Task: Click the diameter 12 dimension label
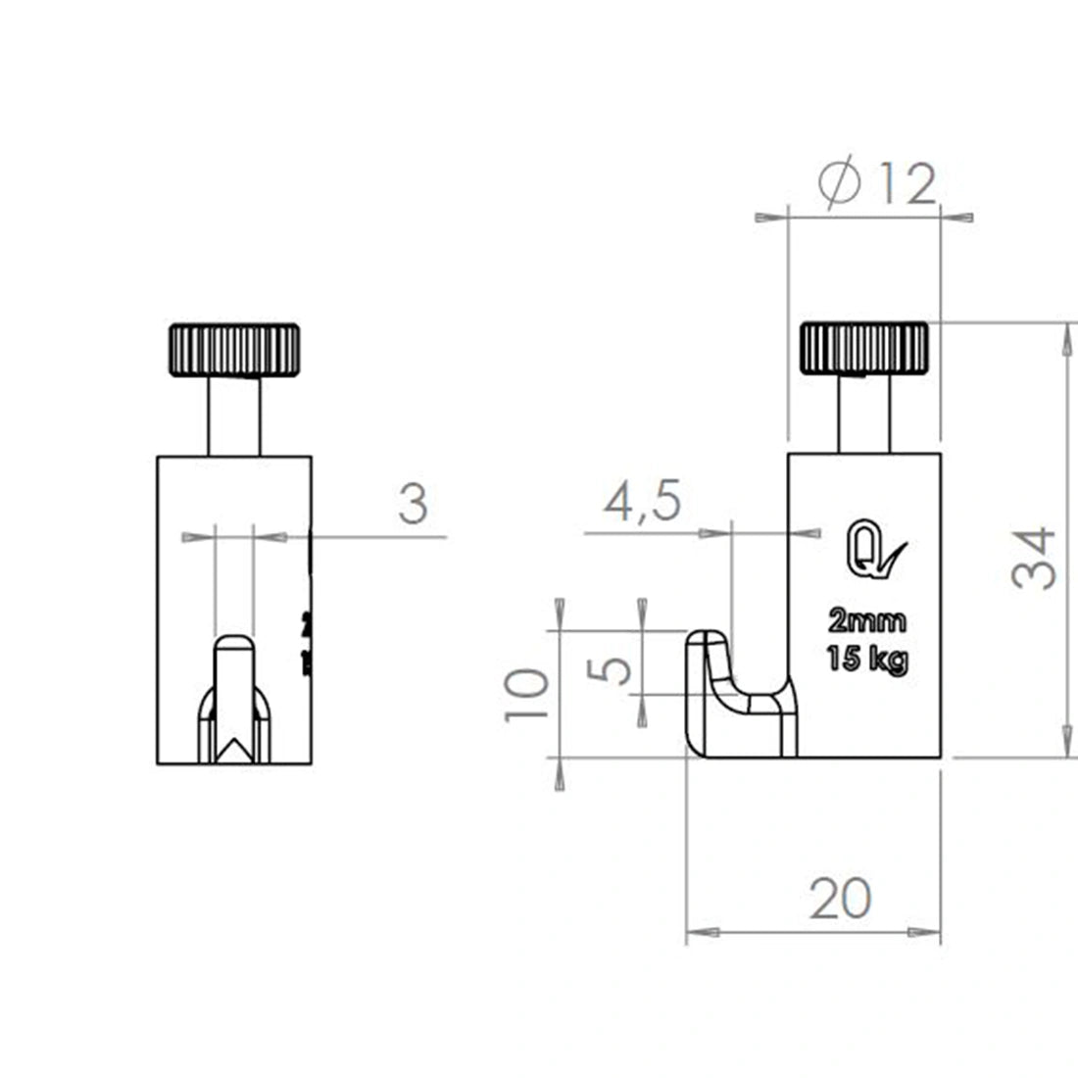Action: coord(878,183)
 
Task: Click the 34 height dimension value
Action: coord(1035,558)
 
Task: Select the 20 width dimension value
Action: coord(840,898)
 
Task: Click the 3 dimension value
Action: coord(414,505)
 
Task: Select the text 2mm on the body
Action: coord(867,621)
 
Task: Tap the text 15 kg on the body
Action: coord(867,659)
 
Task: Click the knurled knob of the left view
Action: coord(234,349)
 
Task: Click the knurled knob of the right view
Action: coord(864,348)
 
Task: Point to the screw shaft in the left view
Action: coord(234,416)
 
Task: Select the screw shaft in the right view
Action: coord(864,415)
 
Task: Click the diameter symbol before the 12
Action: coord(840,183)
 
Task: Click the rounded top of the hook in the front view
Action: coord(234,642)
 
